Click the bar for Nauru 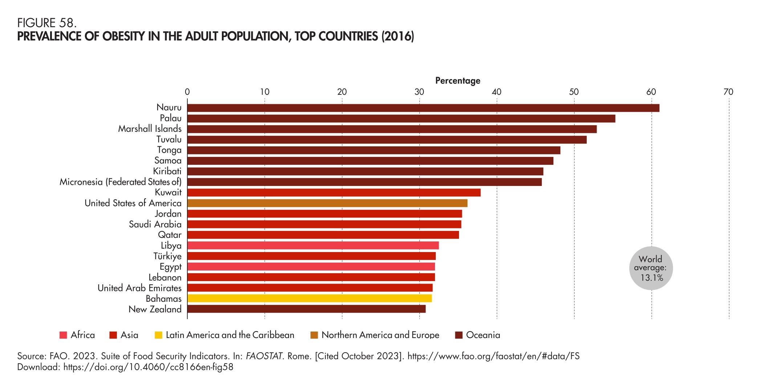coord(423,108)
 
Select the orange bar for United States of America coord(327,203)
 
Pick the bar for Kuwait coord(334,192)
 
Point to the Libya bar coord(313,245)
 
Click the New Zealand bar coord(306,309)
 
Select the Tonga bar coord(374,150)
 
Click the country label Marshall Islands coord(150,129)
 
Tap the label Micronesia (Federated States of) coord(121,182)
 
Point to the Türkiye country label coord(167,256)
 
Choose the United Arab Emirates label coord(139,288)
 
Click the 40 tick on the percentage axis coord(496,92)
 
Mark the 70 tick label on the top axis coord(728,92)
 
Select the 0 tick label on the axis coord(187,92)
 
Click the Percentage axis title coord(458,81)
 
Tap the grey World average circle coord(651,268)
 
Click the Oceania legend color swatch coord(459,335)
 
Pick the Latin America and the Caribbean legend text coord(230,335)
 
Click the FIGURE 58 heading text coord(47,23)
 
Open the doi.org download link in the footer coord(148,367)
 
